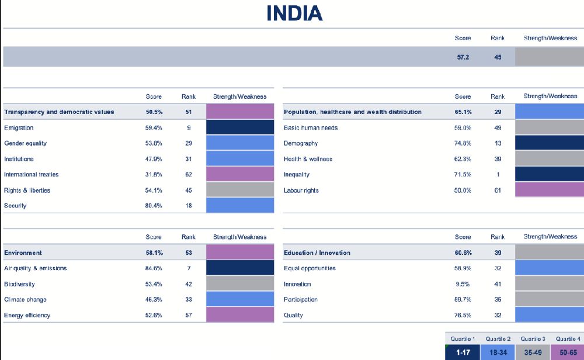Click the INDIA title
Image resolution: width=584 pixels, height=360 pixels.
click(294, 13)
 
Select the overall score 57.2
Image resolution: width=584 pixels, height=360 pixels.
click(463, 57)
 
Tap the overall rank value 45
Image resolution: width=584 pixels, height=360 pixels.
click(497, 57)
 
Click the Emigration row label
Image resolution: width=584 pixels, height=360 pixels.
click(19, 127)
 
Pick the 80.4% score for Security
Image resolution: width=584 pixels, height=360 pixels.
click(154, 206)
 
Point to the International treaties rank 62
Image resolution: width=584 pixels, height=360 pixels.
click(188, 174)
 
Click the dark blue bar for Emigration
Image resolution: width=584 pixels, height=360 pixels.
click(240, 127)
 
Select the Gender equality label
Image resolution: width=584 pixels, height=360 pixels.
click(25, 143)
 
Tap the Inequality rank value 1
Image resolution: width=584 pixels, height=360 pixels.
click(498, 175)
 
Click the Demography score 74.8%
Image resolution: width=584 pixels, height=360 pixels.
click(463, 143)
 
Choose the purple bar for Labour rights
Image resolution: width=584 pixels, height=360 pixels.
click(549, 191)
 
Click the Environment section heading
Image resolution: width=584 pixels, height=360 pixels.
click(23, 252)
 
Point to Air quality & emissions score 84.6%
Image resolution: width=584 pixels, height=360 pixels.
click(154, 268)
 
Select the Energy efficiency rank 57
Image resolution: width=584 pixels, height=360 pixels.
click(188, 315)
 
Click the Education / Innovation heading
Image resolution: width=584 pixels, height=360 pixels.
click(317, 252)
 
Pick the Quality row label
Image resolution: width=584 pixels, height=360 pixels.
click(293, 315)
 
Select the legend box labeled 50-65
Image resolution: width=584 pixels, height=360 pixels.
click(566, 353)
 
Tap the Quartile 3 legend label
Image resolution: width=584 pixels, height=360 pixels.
click(532, 339)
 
